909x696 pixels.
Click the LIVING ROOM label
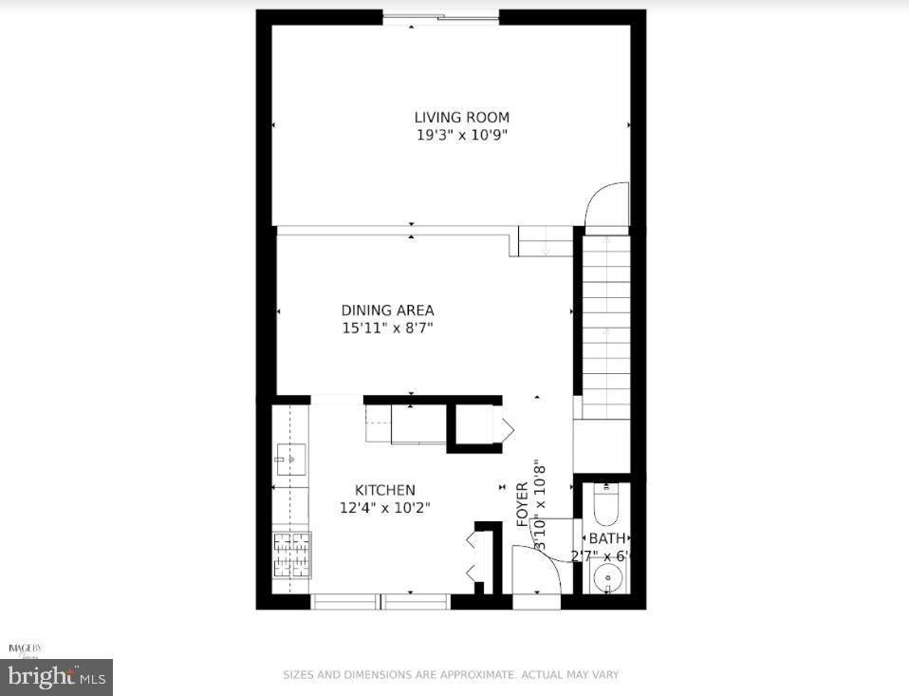tap(461, 118)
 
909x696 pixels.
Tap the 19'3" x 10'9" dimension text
tap(461, 135)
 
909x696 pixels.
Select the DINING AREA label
tap(387, 310)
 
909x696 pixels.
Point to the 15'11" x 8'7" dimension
tap(387, 329)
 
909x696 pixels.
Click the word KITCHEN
tap(384, 490)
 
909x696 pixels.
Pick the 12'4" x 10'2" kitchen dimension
tap(384, 508)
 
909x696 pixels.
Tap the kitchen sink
tap(291, 460)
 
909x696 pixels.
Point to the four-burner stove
tap(291, 555)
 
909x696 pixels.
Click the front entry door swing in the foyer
tap(536, 568)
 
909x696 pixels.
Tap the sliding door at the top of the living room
tap(441, 17)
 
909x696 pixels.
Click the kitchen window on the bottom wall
tap(380, 600)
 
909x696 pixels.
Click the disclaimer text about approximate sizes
tap(451, 675)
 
